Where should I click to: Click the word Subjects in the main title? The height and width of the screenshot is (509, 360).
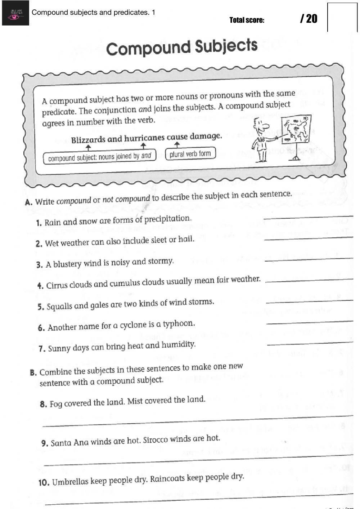click(226, 46)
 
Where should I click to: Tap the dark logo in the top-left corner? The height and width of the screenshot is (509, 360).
click(15, 13)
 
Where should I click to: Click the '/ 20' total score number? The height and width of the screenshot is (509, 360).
click(309, 19)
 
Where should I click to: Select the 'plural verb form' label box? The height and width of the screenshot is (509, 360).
click(190, 154)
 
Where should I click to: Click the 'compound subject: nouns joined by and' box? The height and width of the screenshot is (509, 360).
click(99, 157)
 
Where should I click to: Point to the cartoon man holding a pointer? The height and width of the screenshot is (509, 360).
click(262, 139)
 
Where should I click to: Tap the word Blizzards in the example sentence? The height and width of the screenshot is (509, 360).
click(88, 140)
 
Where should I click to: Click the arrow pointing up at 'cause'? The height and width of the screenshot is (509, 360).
click(177, 145)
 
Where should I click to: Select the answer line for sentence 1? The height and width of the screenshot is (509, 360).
click(308, 218)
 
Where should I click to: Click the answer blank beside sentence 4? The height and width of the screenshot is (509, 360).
click(309, 281)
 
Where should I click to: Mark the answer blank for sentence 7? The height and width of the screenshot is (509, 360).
click(310, 343)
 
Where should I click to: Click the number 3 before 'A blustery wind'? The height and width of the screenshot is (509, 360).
click(39, 265)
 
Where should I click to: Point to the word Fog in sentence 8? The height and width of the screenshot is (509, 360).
click(56, 404)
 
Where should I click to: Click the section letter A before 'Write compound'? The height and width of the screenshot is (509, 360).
click(28, 202)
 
